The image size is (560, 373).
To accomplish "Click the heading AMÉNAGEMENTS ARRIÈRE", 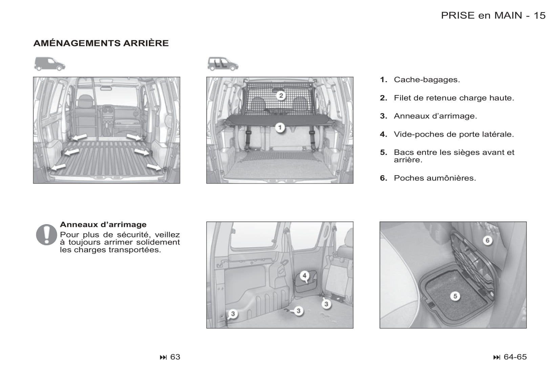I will [x=101, y=43].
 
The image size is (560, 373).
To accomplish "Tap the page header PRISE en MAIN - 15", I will [x=493, y=16].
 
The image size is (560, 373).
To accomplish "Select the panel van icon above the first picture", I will [x=49, y=64].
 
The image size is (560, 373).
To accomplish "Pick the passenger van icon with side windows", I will [x=223, y=64].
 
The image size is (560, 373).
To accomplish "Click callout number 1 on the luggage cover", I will [x=280, y=128].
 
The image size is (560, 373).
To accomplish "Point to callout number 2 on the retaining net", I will [x=281, y=96].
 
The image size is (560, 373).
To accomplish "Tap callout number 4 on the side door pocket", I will [x=304, y=276].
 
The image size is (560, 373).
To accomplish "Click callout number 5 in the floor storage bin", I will [x=455, y=296].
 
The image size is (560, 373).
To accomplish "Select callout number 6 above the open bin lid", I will [x=488, y=240].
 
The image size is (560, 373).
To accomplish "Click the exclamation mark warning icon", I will [x=46, y=234].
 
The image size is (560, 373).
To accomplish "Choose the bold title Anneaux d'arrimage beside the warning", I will [x=103, y=225].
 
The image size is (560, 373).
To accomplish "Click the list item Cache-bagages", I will [x=427, y=80].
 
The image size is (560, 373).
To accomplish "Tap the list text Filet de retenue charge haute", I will [x=454, y=98].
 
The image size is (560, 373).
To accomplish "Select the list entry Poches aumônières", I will [x=435, y=178].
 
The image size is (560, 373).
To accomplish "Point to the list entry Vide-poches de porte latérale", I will [x=454, y=134].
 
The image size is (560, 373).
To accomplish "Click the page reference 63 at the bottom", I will [x=175, y=357].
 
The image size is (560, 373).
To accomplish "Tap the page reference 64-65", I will [x=515, y=357].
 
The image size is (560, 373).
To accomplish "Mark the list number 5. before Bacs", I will [x=383, y=153].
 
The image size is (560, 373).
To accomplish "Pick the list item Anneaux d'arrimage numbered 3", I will [x=435, y=116].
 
